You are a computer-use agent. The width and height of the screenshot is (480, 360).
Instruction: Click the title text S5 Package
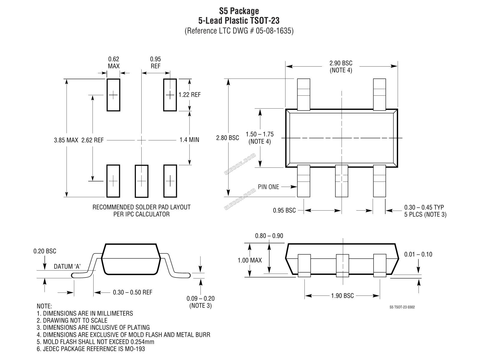pos(239,11)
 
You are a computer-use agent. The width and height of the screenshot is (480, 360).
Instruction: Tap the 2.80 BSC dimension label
pos(227,138)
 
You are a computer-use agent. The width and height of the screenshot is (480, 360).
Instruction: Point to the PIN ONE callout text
pos(268,187)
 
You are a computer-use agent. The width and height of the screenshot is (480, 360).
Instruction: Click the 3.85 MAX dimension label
pos(66,140)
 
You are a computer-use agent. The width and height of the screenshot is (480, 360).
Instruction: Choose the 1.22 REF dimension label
pos(189,94)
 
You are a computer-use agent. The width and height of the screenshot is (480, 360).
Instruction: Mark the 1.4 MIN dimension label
pos(189,140)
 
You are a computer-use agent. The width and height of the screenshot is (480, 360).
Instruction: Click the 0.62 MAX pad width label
pos(114,62)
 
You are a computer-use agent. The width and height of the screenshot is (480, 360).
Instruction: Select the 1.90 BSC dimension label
pos(342,296)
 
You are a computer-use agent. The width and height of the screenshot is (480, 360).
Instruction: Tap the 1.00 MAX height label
pos(250,260)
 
